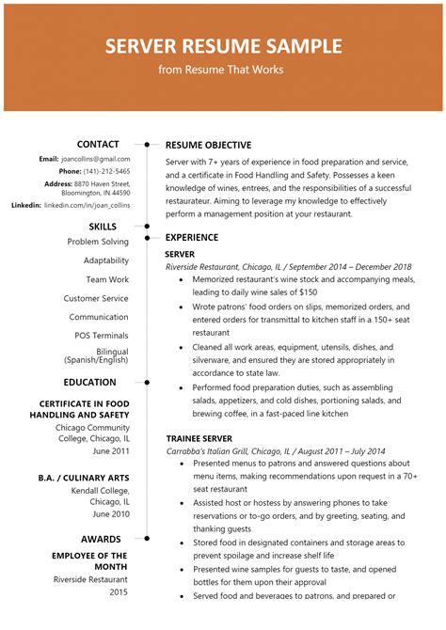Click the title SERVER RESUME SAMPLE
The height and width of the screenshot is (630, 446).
coord(223,46)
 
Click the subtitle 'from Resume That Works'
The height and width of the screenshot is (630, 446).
coord(223,70)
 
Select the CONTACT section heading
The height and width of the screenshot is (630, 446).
coord(98,144)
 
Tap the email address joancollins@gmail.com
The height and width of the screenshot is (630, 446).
coord(97,160)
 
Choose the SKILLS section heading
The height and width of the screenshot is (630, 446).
coord(103,227)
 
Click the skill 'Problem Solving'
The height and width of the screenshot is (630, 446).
coord(98,242)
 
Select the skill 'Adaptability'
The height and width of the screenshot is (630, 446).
coord(105,260)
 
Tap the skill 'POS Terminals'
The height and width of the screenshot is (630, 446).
coord(102,336)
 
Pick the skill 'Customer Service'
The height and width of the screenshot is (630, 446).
coord(96,298)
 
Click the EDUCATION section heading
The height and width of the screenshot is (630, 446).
coord(90,383)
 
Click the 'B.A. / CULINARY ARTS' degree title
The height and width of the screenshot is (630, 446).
coord(84,478)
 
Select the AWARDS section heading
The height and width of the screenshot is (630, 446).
coord(102,539)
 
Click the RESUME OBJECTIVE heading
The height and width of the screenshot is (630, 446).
coord(208,146)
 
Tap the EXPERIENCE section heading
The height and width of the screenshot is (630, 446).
coord(192,238)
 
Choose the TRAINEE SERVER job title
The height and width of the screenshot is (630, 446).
coord(199,438)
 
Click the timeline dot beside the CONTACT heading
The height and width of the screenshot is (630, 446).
coord(148,145)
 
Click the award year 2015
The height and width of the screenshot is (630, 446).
coord(118,592)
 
